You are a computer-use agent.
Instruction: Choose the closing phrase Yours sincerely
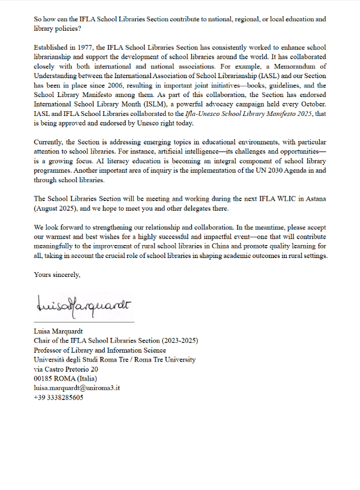click(57, 275)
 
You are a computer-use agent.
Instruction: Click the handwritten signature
click(83, 305)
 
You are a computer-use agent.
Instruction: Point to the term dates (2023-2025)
click(180, 340)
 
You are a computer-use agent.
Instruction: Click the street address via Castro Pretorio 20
click(66, 369)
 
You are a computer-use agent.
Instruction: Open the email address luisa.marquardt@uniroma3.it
click(77, 388)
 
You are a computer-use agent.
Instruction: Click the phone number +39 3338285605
click(59, 397)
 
